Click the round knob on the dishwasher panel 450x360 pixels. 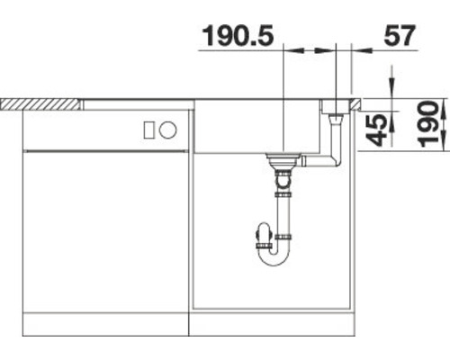click(166, 131)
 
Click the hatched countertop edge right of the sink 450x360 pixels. click(355, 103)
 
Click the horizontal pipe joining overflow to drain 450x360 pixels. click(315, 161)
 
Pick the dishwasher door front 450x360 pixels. click(103, 234)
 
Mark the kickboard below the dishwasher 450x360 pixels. click(103, 323)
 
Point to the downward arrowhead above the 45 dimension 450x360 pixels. click(391, 88)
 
